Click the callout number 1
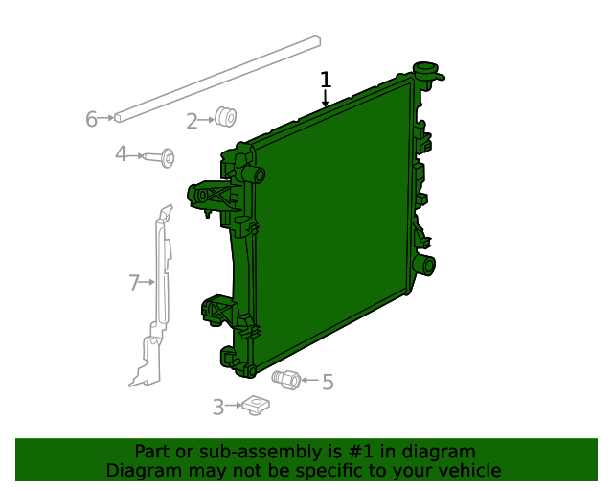[x=326, y=80]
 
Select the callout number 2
[x=192, y=121]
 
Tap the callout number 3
[x=217, y=408]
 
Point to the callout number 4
[x=121, y=154]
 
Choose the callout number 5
[x=328, y=383]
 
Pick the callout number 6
[x=91, y=119]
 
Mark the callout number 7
[x=134, y=282]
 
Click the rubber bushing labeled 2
[x=226, y=117]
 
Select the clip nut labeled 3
[x=255, y=406]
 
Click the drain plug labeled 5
[x=285, y=378]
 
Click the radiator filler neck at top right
[x=424, y=71]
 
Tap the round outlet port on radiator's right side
[x=423, y=264]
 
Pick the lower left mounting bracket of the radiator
[x=217, y=313]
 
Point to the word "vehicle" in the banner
[x=467, y=471]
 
